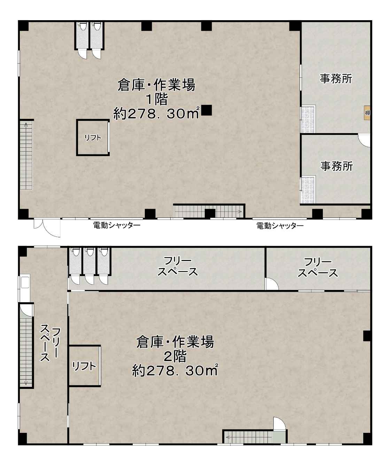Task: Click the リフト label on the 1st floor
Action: coord(93,138)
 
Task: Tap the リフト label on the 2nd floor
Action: coord(84,366)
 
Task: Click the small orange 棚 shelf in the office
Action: coord(367,113)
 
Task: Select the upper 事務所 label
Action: coord(336,79)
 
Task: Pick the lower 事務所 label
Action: coord(336,166)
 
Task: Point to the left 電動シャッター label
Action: coord(117,225)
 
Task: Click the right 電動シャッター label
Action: coord(280,225)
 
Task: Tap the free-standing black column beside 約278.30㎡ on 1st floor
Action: coord(207,110)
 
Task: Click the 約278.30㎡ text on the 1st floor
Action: coord(156,114)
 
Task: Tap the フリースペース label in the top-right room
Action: coord(318,268)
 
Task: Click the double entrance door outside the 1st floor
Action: coord(47,227)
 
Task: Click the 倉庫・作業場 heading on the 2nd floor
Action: coord(175,342)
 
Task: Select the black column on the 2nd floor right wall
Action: coord(367,336)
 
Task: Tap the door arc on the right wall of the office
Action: coord(364,140)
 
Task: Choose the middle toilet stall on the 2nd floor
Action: coord(90,261)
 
